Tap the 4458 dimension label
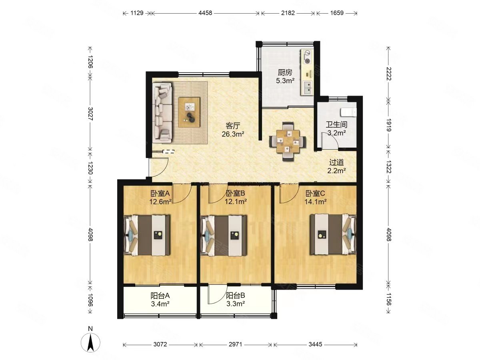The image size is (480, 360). tap(205, 13)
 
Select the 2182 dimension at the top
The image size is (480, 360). tap(288, 13)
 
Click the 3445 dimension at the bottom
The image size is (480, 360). tap(315, 344)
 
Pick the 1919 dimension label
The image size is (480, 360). tap(388, 125)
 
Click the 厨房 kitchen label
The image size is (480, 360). tap(285, 72)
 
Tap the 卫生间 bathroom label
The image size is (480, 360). tap(336, 124)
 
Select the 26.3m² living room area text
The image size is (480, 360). tap(233, 134)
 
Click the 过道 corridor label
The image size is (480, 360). tap(336, 162)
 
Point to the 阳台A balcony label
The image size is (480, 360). tap(160, 296)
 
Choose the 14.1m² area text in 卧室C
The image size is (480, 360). tap(315, 202)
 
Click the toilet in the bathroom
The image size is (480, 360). tap(348, 112)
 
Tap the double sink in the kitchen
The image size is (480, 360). tap(308, 87)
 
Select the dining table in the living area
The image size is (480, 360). tap(287, 141)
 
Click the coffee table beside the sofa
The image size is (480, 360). tap(189, 112)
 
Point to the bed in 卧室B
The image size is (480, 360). tap(224, 235)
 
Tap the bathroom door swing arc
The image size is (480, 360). tap(330, 141)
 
